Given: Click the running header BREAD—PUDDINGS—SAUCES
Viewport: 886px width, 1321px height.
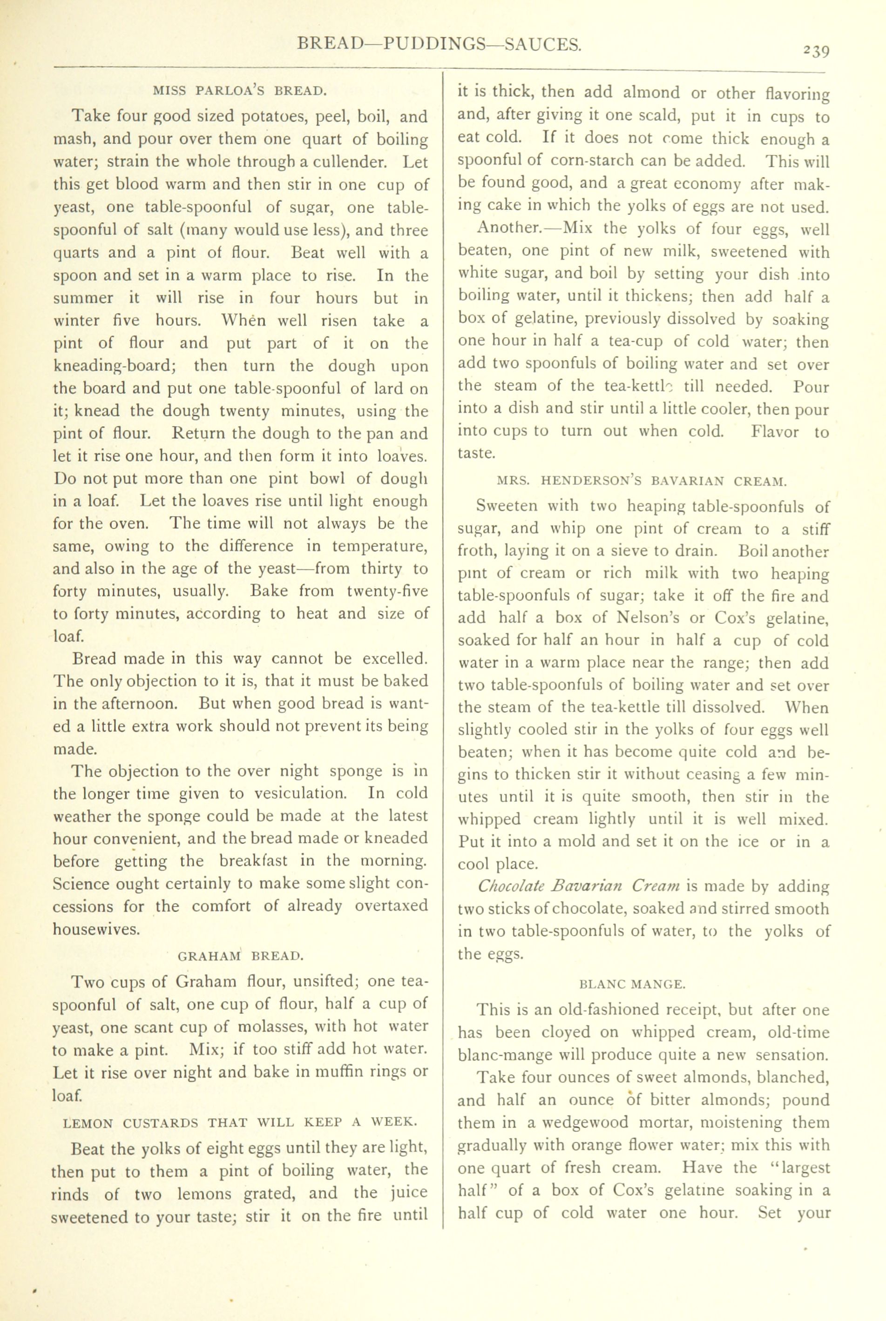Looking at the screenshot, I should (439, 44).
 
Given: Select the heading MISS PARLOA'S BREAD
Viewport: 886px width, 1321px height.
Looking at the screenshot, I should (240, 90).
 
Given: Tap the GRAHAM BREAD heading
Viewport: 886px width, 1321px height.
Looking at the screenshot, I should (241, 956).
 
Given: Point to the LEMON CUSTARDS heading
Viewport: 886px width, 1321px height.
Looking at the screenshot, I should (240, 1122).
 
